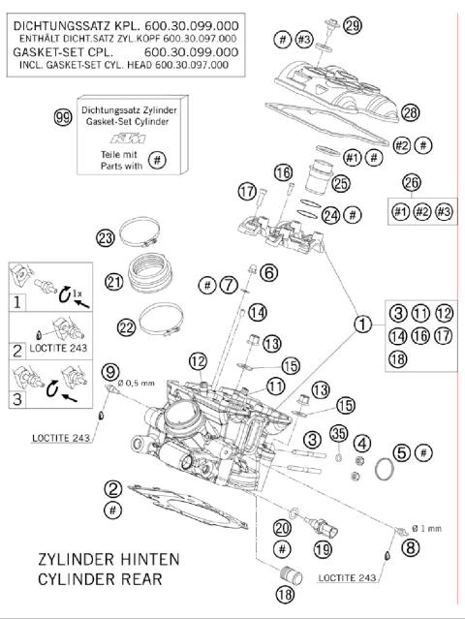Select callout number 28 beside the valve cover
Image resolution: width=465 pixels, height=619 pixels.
tap(410, 113)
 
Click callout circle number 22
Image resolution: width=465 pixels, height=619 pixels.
tap(126, 327)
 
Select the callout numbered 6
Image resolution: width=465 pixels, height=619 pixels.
tap(268, 273)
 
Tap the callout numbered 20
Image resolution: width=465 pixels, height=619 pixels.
tap(282, 528)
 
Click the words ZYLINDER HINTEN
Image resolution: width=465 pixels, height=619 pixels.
tap(101, 560)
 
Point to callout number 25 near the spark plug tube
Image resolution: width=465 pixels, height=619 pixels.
tap(339, 182)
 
